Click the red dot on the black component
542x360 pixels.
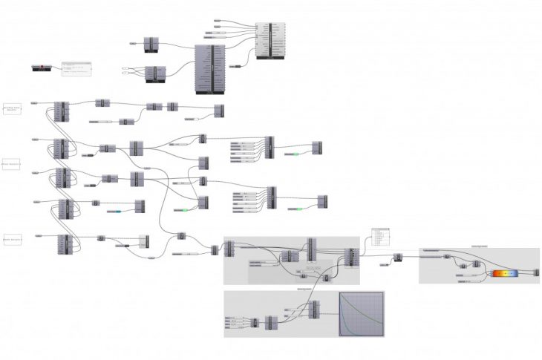[42, 68]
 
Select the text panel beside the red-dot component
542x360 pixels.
[76, 69]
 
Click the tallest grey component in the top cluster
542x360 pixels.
[209, 69]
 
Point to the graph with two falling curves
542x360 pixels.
[362, 313]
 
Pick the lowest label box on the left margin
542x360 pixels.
[12, 240]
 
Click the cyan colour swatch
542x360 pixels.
[116, 212]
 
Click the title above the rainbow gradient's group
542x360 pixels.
[479, 246]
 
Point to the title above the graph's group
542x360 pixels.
[304, 289]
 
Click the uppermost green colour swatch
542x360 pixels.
[294, 154]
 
